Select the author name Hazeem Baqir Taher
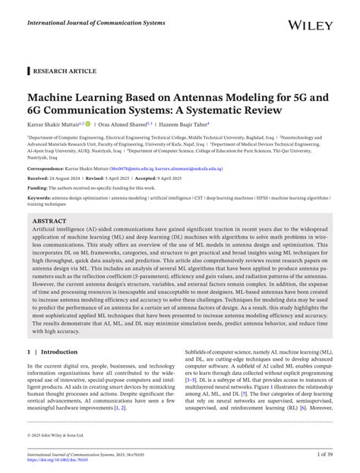click(x=186, y=124)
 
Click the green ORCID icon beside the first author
click(x=88, y=124)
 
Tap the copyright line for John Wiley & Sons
click(x=58, y=435)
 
